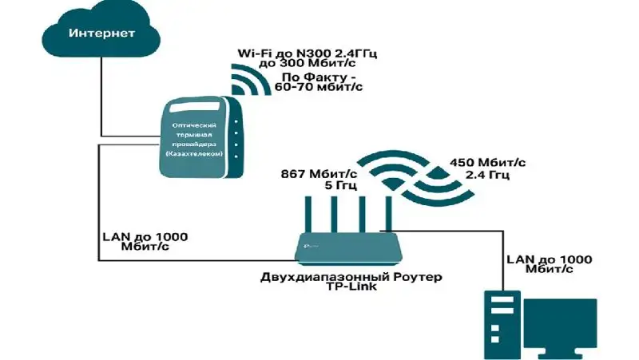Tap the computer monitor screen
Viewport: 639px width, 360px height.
(x=567, y=322)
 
